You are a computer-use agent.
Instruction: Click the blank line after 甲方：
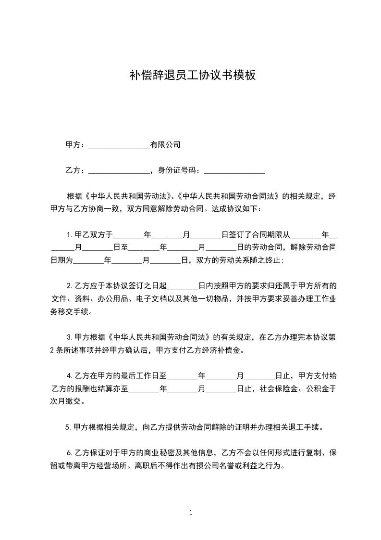pos(119,145)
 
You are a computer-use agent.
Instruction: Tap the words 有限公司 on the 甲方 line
pos(165,144)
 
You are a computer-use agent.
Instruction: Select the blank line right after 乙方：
pos(119,171)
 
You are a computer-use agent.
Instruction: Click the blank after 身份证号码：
pos(234,171)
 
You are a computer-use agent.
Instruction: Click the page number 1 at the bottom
pos(191,513)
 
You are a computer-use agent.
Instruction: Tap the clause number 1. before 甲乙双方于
pos(70,235)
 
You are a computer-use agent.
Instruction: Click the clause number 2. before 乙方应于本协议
pos(70,286)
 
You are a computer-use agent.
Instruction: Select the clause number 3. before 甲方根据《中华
pos(70,337)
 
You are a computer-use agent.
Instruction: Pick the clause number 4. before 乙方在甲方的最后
pos(70,375)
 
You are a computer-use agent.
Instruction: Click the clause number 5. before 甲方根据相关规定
pos(67,426)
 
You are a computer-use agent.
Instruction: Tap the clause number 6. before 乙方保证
pos(70,453)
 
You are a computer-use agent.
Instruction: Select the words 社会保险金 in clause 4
pos(279,388)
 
